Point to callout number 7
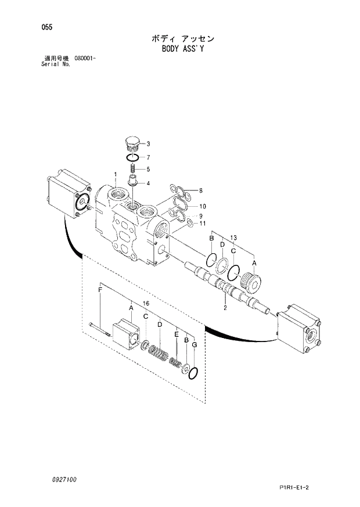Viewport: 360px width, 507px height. [x=149, y=157]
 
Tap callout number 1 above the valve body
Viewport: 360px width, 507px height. [x=116, y=175]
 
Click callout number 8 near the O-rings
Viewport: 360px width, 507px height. [x=200, y=191]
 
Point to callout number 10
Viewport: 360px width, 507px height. [x=203, y=207]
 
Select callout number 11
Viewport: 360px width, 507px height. [x=203, y=224]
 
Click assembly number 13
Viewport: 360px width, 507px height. [x=233, y=238]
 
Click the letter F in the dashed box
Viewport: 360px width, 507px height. [x=100, y=290]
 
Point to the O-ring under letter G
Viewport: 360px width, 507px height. [x=194, y=372]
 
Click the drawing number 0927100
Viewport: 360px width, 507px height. [x=63, y=480]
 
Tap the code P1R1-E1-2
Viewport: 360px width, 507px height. [x=306, y=487]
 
